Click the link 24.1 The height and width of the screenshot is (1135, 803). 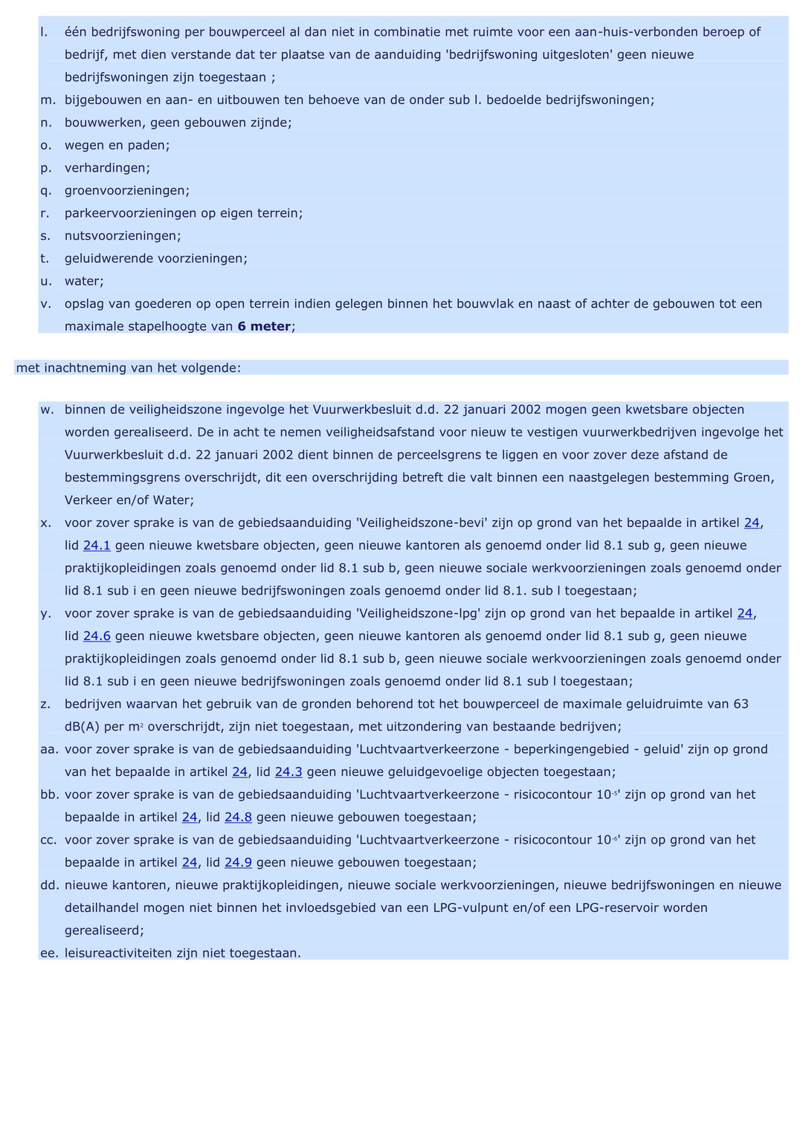tap(97, 546)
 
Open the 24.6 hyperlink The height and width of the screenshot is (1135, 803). tap(97, 636)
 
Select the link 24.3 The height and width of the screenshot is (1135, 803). tap(288, 772)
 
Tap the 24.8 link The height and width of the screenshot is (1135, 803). tap(238, 818)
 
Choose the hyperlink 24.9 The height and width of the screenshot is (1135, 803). tap(238, 863)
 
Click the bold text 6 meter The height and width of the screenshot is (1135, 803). tap(264, 326)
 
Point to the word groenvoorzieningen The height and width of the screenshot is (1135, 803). tap(126, 191)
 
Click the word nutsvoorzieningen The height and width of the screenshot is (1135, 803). tap(121, 236)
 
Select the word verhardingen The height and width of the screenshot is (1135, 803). tap(106, 168)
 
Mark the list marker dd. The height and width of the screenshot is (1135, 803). tap(49, 885)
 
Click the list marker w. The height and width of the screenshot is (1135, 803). tap(47, 410)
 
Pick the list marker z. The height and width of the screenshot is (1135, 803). tap(45, 704)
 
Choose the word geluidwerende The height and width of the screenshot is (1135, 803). tap(112, 259)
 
